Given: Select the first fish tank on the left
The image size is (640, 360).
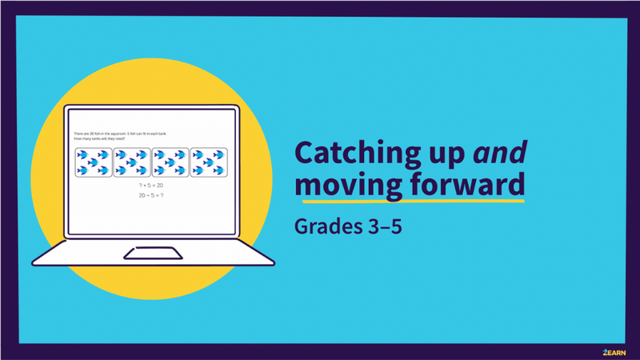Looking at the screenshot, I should coord(94,162).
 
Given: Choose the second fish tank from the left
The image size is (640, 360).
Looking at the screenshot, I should coord(131,162).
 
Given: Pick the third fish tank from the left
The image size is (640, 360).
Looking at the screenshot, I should coord(170,162).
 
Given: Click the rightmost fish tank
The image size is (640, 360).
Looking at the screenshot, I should coord(207,162).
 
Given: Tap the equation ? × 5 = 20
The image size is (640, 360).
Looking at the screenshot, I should coord(150,185).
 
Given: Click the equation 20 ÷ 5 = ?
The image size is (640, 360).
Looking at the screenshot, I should coord(150,194).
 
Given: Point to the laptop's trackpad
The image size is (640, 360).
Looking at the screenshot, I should coord(152,254).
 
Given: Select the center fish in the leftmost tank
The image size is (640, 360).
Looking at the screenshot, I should coord(94,162).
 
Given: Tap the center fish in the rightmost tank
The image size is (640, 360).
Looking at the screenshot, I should coord(207,162).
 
